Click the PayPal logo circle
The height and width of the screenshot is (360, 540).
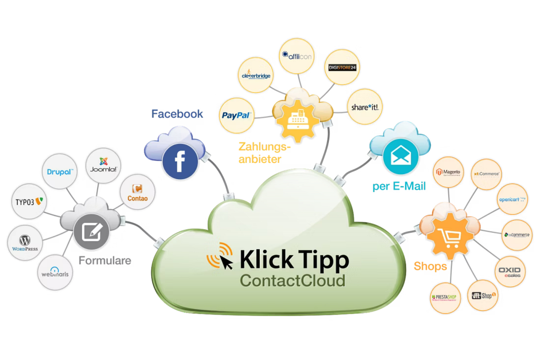click(x=236, y=115)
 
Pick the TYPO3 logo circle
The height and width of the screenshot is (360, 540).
click(x=28, y=202)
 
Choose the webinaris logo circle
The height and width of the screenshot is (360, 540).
click(x=55, y=272)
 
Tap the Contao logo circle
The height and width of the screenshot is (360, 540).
click(x=138, y=193)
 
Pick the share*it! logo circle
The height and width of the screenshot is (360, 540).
click(x=364, y=108)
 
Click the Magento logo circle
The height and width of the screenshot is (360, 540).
click(x=450, y=173)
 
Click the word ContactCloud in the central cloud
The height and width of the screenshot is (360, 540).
click(x=292, y=280)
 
